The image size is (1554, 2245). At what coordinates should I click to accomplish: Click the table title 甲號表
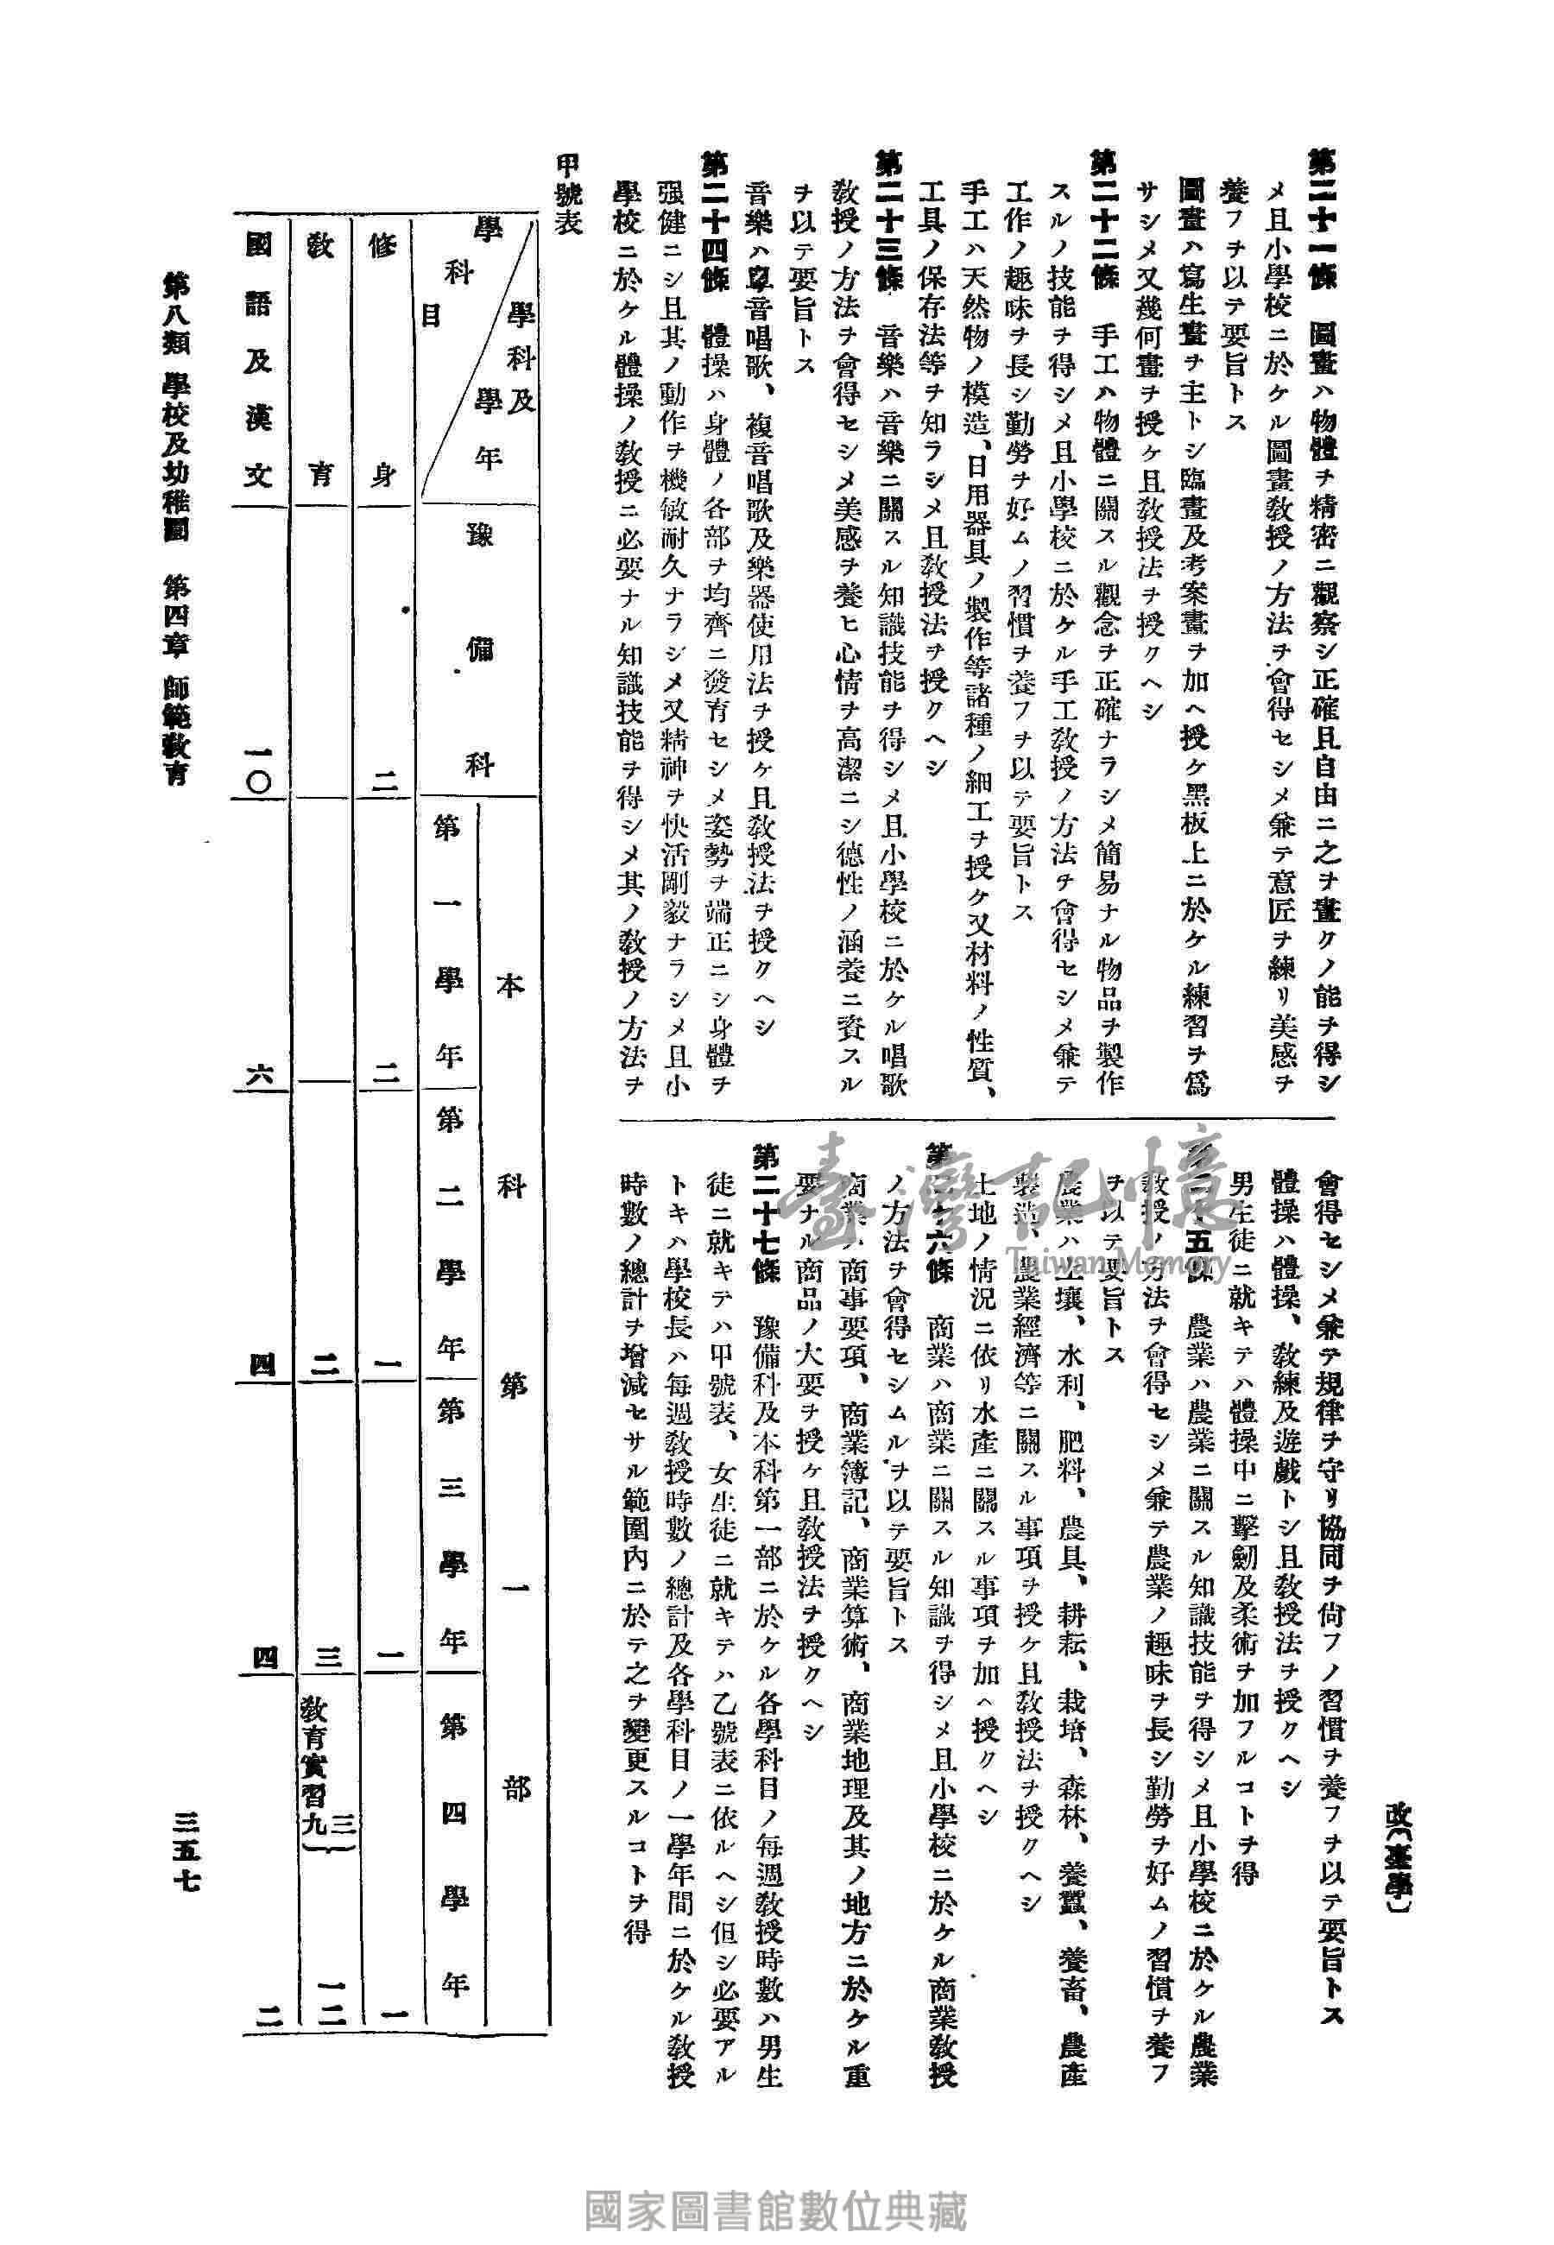tap(566, 194)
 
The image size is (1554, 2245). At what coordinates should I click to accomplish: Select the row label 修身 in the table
tap(382, 359)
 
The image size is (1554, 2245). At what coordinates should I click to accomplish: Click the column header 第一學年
tap(449, 945)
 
